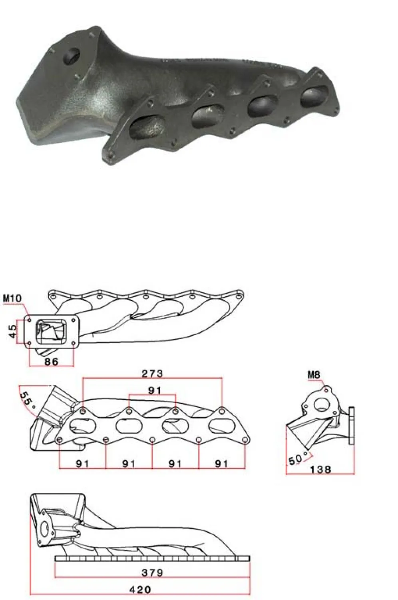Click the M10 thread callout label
[12, 298]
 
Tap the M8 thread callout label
[314, 375]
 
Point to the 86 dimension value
[51, 362]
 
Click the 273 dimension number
[152, 373]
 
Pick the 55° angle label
[28, 400]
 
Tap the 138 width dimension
[320, 470]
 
